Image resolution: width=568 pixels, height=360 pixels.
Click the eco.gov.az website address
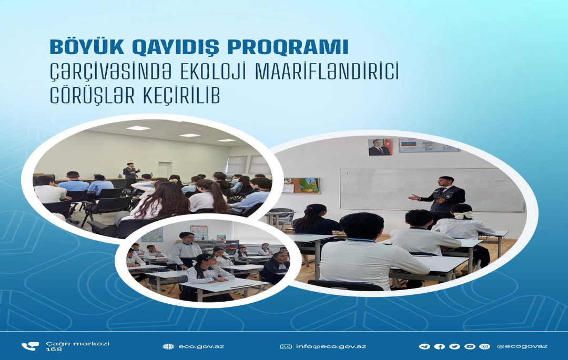coord(201,347)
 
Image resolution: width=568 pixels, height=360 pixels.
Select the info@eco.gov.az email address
coord(331,347)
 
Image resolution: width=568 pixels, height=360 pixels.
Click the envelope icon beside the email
coord(286,347)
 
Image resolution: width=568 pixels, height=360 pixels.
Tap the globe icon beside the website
coord(168,347)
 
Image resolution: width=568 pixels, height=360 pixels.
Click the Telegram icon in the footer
coord(424,347)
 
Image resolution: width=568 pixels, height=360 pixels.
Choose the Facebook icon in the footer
coord(439,347)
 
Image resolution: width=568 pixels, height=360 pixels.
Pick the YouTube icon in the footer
coord(470,347)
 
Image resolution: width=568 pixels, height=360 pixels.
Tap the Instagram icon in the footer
coord(485,347)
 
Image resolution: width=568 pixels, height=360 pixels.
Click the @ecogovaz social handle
coord(522,347)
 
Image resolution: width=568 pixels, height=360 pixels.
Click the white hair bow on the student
coord(463,215)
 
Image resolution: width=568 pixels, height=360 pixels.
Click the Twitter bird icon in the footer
coord(454,347)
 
